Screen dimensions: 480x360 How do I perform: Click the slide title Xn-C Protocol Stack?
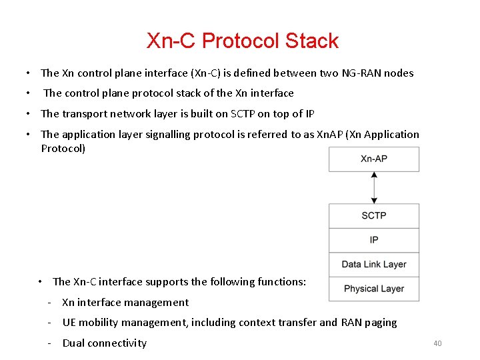point(243,41)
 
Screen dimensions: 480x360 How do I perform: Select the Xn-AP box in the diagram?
point(374,159)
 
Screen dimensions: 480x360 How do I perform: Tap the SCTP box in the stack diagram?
point(374,215)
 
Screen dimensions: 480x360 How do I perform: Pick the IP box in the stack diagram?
point(374,240)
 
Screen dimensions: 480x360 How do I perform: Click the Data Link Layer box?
point(374,264)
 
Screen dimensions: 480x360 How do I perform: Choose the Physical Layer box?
point(374,289)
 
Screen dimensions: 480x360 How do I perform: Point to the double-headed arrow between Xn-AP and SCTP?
point(374,187)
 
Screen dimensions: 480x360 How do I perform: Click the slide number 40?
point(437,343)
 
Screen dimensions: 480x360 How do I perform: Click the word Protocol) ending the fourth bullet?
point(63,148)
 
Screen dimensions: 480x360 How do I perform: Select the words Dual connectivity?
point(104,343)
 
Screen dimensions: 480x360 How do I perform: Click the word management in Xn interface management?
point(157,302)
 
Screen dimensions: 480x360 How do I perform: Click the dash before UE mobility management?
point(49,323)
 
